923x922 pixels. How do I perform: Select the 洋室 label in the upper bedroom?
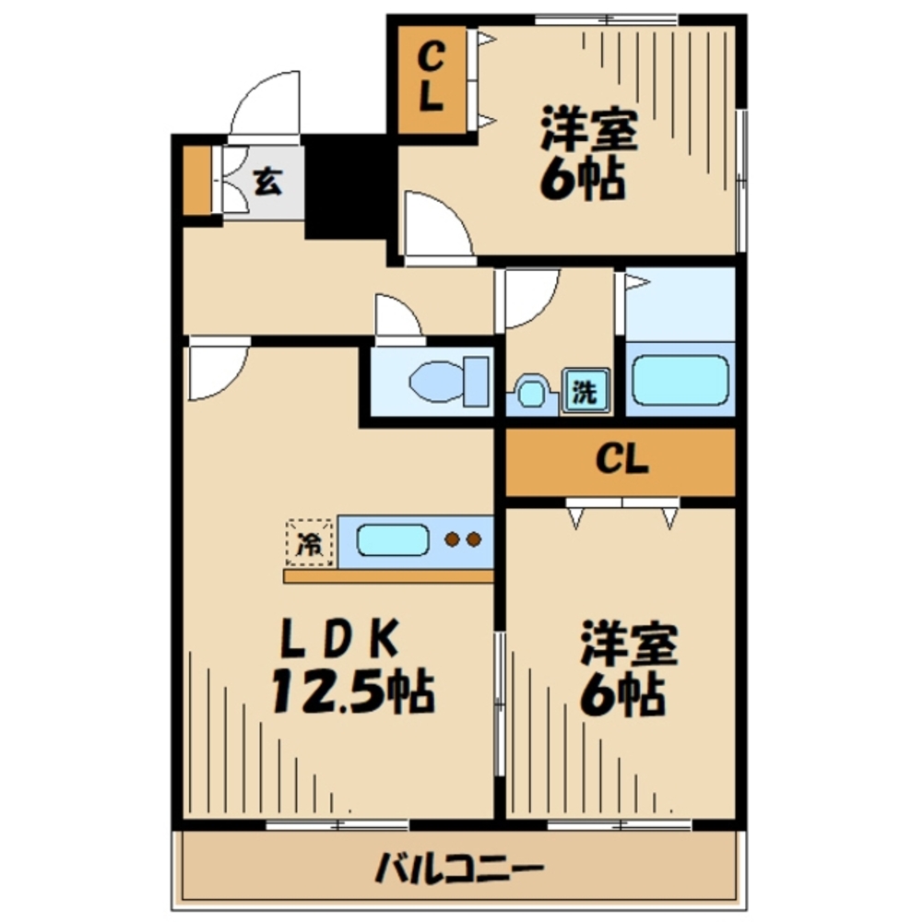(x=588, y=130)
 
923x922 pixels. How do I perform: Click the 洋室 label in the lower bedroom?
(x=629, y=644)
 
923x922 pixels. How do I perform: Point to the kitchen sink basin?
(x=393, y=540)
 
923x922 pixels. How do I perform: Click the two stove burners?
(x=462, y=540)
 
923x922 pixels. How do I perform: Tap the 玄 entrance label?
(x=266, y=181)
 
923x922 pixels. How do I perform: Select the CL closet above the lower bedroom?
(x=621, y=460)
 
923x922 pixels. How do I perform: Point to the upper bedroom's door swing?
(x=439, y=226)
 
